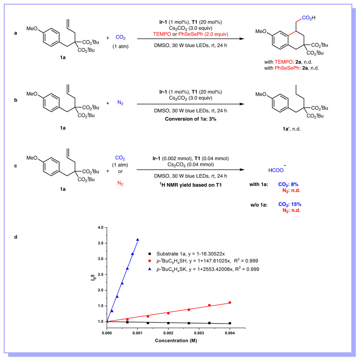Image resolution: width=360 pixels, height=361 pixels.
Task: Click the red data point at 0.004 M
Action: (230, 303)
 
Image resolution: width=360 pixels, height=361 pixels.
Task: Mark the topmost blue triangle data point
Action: (138, 240)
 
